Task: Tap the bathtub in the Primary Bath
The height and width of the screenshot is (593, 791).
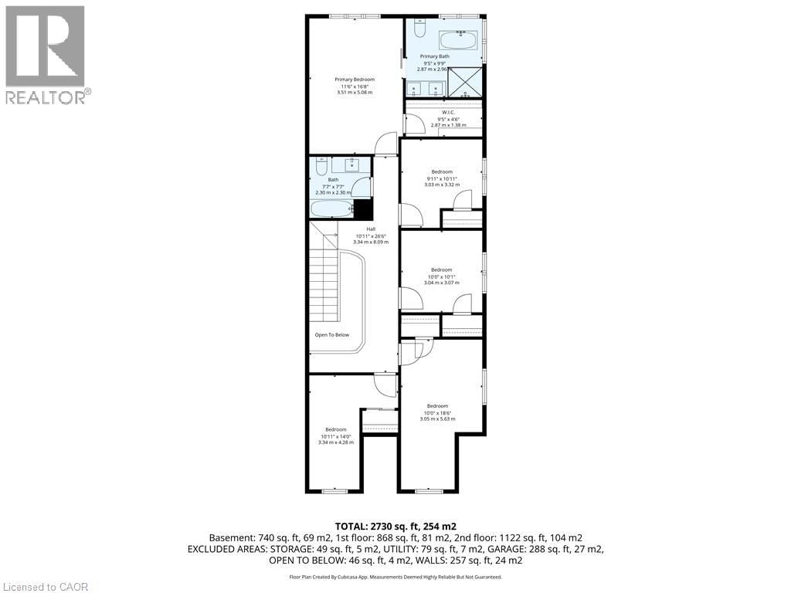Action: [x=459, y=40]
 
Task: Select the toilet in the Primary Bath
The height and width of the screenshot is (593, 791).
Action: [x=418, y=29]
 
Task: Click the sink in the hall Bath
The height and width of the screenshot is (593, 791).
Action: [x=351, y=164]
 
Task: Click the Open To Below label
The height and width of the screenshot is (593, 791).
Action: [x=332, y=335]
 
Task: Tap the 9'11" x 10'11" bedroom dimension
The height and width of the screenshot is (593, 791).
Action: [x=442, y=178]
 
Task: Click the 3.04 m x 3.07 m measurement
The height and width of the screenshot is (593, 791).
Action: [x=441, y=283]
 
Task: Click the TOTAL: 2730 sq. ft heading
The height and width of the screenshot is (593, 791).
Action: [x=395, y=525]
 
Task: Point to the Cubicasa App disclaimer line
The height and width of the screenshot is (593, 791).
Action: [x=395, y=577]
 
